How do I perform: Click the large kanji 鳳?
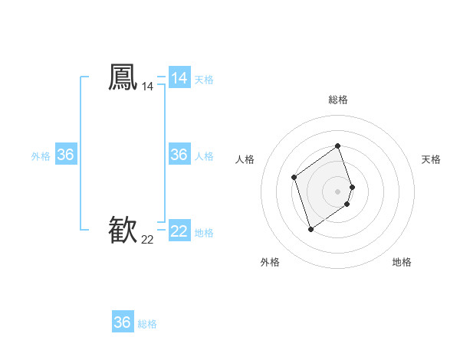click(123, 77)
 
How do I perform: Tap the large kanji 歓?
click(123, 230)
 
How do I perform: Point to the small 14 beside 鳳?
click(147, 87)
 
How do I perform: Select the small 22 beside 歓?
click(147, 240)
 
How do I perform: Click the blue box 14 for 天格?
click(179, 78)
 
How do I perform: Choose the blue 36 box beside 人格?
click(179, 155)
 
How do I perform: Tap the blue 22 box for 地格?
click(179, 231)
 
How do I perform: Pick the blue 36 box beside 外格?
click(66, 155)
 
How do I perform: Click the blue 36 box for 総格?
click(123, 322)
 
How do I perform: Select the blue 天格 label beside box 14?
click(204, 80)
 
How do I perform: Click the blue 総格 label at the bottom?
click(147, 324)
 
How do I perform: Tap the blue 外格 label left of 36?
click(41, 156)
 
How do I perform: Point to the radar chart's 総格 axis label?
click(338, 100)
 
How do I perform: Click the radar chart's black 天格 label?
click(431, 159)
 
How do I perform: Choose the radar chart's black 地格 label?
click(402, 263)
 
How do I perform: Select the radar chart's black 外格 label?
click(270, 263)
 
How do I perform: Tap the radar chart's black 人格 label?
click(245, 159)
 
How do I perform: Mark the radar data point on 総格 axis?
click(338, 146)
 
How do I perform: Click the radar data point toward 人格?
click(294, 178)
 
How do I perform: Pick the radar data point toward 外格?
click(310, 229)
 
